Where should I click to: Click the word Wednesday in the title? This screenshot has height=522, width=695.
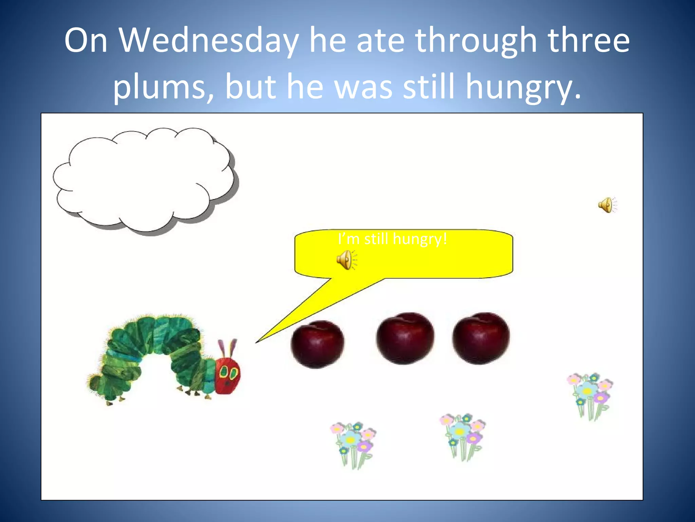(209, 41)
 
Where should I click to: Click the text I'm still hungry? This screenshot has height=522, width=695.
(393, 239)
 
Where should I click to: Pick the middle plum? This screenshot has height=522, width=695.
(405, 338)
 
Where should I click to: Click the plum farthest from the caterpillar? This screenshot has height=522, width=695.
(481, 338)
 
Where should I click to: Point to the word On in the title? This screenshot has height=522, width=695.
(86, 41)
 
